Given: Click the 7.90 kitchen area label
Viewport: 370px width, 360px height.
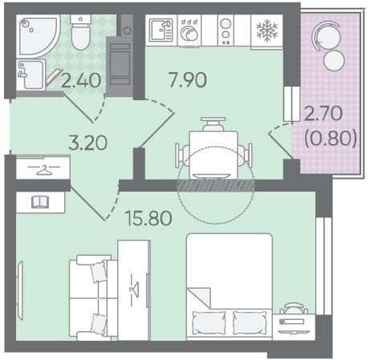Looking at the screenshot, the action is (x=188, y=79).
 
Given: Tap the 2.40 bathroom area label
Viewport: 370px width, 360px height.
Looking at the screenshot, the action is (x=81, y=80).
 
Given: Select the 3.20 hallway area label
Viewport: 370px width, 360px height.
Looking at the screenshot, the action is (x=87, y=143).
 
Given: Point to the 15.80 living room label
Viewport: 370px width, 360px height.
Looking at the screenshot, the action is (x=148, y=218).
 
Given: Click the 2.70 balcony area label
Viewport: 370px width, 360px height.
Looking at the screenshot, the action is (x=323, y=113).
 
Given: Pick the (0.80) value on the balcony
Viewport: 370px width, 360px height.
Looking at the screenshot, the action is (x=331, y=138).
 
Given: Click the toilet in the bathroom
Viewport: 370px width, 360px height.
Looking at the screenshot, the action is (x=80, y=32).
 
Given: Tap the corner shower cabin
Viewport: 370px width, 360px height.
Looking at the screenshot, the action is (x=38, y=36).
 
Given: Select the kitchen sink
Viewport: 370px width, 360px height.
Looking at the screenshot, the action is (x=161, y=30).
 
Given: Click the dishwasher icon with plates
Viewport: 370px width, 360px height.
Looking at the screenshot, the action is (x=189, y=30).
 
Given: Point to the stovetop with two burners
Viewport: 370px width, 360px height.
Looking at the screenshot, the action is (x=226, y=30).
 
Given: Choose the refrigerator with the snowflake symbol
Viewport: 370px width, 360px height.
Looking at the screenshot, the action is (x=266, y=31).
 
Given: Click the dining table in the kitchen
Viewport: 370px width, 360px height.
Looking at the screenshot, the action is (x=213, y=155).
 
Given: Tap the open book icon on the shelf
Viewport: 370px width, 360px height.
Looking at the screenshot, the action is (x=40, y=202).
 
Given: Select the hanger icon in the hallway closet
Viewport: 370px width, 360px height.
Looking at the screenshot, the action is (x=44, y=169).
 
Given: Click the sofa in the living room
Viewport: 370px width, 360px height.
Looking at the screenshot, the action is (x=93, y=297).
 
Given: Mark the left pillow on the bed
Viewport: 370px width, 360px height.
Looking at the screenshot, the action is (x=209, y=322).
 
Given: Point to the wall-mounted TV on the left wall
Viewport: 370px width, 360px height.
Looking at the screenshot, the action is (x=20, y=290).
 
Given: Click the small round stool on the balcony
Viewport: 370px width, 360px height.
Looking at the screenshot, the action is (x=334, y=60).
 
